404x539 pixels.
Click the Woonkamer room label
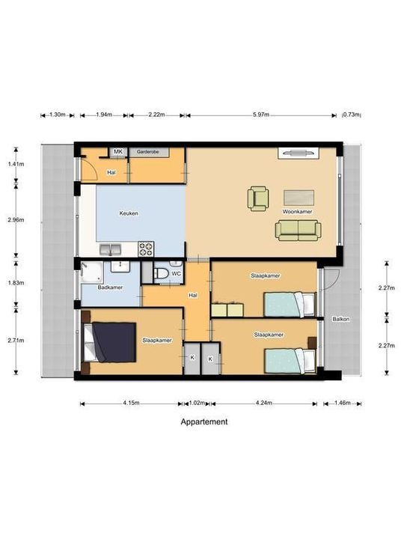tap(297, 213)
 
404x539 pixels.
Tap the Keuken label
tap(129, 213)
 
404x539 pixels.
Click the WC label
tap(176, 274)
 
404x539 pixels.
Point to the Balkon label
tap(341, 320)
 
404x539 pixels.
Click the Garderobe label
tap(147, 152)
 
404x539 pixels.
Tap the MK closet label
tap(117, 152)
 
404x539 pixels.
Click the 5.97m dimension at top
tap(260, 115)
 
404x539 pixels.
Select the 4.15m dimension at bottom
tap(131, 404)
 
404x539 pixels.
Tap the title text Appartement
tap(204, 422)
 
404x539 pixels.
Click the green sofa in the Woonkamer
tap(298, 230)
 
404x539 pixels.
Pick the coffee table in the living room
tap(299, 197)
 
